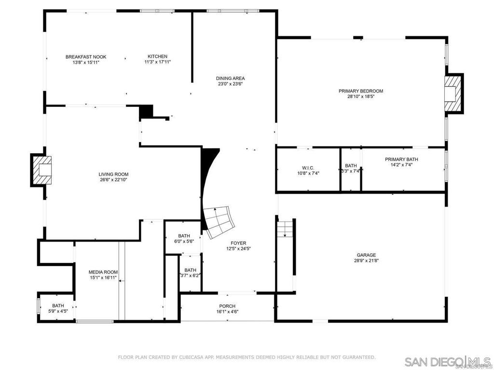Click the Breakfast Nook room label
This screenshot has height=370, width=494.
tap(86, 57)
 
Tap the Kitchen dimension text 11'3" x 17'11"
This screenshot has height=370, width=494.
tap(157, 62)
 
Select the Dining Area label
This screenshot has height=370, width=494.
tap(230, 78)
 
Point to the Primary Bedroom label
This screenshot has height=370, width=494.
tap(361, 91)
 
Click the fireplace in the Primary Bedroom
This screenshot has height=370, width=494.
tap(453, 93)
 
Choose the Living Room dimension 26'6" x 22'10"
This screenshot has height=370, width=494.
tap(114, 180)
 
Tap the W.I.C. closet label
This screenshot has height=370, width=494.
tap(308, 168)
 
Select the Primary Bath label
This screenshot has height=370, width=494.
tap(401, 159)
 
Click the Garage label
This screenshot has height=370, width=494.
tap(366, 255)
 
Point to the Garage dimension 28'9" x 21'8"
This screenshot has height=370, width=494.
tap(366, 261)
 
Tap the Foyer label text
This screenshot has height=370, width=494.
tap(238, 243)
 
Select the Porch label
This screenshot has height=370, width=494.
tap(227, 306)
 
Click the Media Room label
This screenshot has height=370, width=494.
tap(103, 272)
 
